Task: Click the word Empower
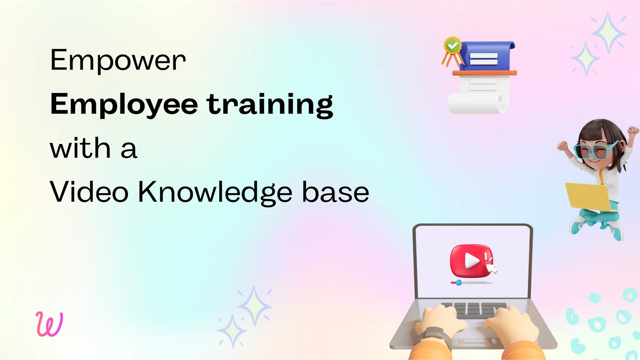click(x=118, y=61)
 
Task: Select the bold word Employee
click(x=124, y=105)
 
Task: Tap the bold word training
click(x=270, y=105)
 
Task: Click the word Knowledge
click(x=215, y=193)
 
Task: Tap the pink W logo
click(x=49, y=324)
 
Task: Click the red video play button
click(x=471, y=261)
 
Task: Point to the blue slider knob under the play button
click(x=458, y=283)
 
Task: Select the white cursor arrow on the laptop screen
click(x=491, y=268)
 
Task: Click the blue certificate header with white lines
click(x=487, y=55)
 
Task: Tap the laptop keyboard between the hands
click(x=474, y=310)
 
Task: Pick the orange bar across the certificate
click(x=485, y=73)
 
